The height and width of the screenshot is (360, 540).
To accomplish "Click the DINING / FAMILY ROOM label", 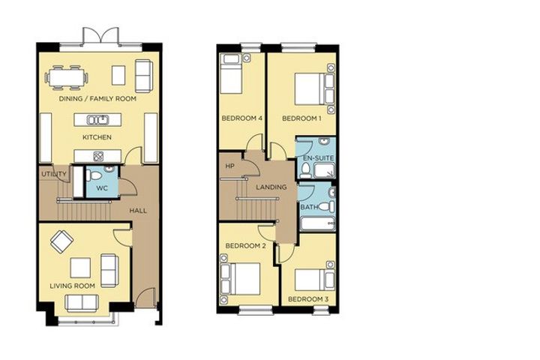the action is (x=97, y=99).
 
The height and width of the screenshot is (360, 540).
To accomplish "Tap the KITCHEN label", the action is (x=97, y=137).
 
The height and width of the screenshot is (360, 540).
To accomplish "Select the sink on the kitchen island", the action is (x=97, y=120).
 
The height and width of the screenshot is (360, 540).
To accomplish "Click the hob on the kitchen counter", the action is (x=98, y=156).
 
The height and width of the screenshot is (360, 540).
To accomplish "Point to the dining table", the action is (x=67, y=77).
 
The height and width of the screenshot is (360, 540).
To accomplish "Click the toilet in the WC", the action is (x=93, y=175).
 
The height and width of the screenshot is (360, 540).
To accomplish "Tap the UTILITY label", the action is (x=54, y=174).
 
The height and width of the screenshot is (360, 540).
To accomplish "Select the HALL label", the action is (x=138, y=211).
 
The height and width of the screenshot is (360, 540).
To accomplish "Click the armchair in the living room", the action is (x=61, y=241).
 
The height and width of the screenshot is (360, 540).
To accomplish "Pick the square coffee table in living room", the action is (x=80, y=268).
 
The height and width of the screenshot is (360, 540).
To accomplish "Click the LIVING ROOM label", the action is (x=72, y=286).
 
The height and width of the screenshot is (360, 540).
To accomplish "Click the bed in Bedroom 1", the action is (x=314, y=88).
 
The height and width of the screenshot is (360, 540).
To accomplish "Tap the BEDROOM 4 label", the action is (x=242, y=118).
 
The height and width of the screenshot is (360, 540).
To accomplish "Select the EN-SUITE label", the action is (x=318, y=158).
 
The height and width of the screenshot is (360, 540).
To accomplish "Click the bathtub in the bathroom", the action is (x=317, y=224).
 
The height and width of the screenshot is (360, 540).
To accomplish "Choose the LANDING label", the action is (x=271, y=187).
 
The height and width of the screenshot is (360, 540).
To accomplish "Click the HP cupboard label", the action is (x=229, y=166).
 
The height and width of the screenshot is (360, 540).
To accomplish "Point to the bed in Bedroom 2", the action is (x=241, y=279).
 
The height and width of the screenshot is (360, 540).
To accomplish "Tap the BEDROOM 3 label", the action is (x=308, y=299).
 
